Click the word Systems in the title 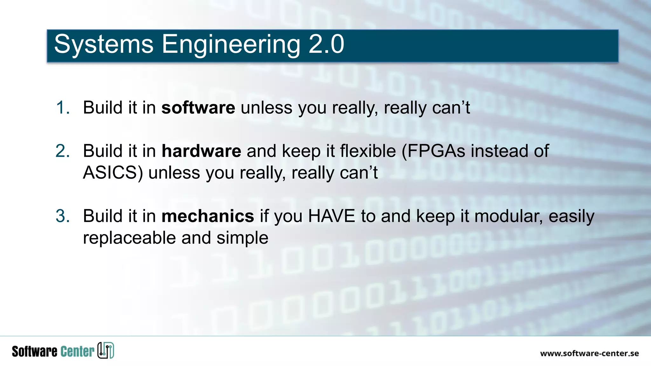[x=104, y=44]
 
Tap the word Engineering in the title [x=231, y=44]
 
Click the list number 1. [x=62, y=108]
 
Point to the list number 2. [x=62, y=151]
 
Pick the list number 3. [x=62, y=216]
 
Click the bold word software [x=198, y=108]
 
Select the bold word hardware [x=201, y=151]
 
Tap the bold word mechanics [x=208, y=216]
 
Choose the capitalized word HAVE [x=331, y=216]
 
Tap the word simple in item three [x=242, y=238]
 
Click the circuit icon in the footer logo [x=106, y=350]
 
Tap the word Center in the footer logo [x=77, y=351]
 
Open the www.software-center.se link [x=589, y=353]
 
